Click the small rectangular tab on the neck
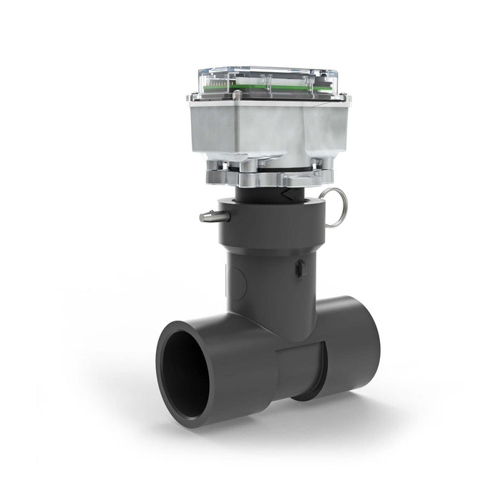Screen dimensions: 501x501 click(x=301, y=268)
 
